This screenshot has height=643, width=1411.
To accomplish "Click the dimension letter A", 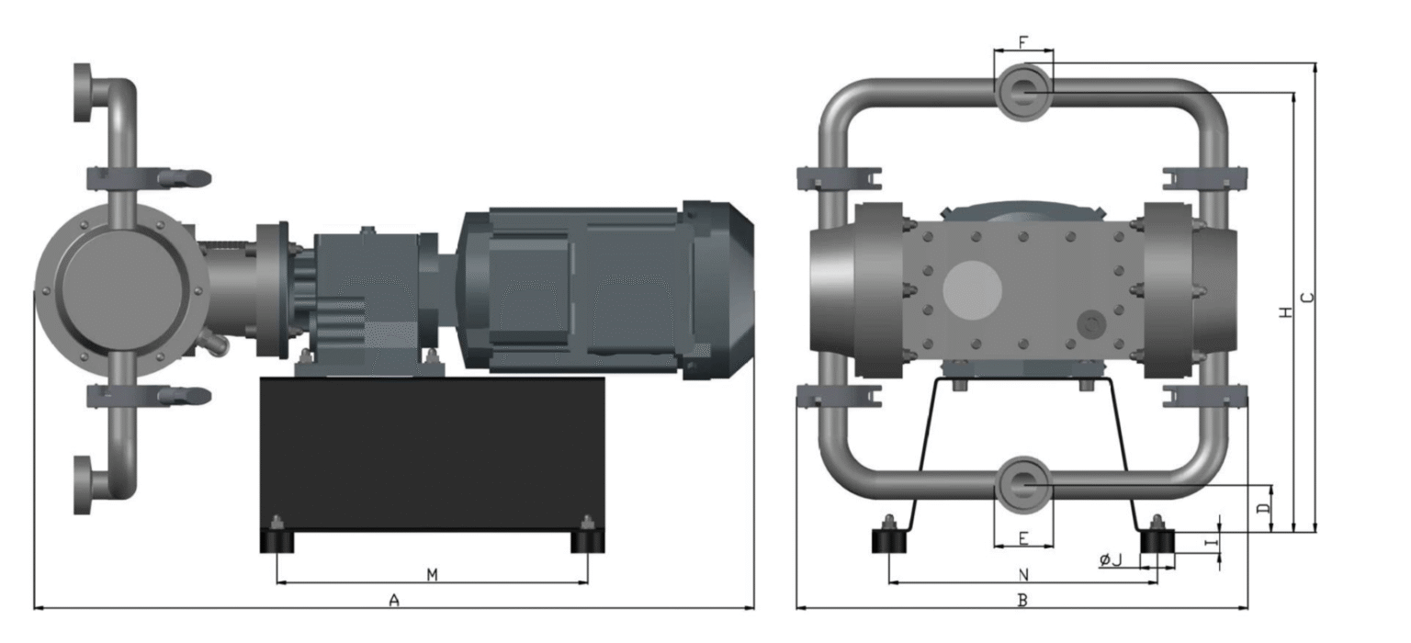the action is [x=394, y=600].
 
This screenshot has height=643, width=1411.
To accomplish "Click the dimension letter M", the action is [x=432, y=574].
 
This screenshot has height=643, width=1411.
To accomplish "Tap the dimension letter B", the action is [x=1023, y=600].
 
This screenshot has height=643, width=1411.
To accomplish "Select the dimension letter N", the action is [x=1023, y=574].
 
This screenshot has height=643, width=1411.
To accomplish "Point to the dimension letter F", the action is [x=1023, y=42].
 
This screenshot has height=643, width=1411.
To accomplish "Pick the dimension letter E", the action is [x=1023, y=538].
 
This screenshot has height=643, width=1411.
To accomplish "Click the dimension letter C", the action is [x=1309, y=298].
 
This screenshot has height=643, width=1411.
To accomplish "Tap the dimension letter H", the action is [x=1286, y=311].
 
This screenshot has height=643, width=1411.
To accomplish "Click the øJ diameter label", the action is [x=1112, y=559].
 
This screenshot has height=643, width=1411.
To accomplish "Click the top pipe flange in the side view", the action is [x=83, y=92].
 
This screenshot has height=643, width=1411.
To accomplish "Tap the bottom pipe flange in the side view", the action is [x=83, y=485].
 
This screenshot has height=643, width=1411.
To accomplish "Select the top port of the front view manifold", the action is [x=1023, y=91].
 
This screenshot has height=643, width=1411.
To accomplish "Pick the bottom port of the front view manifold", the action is [x=1023, y=485].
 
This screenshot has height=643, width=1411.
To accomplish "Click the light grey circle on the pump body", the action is [x=972, y=289].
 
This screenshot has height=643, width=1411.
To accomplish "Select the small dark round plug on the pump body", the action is [x=1091, y=325].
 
